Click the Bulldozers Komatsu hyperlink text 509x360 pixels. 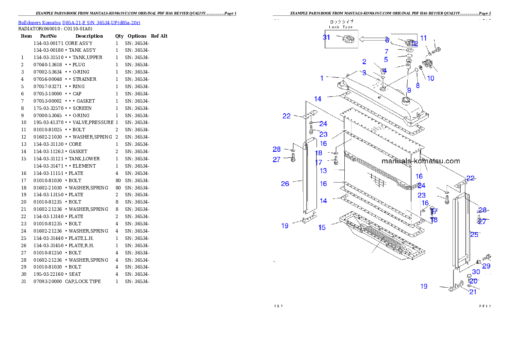(79, 22)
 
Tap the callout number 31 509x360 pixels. (326, 37)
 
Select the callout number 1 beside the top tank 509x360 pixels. (322, 78)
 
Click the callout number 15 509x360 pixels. (322, 227)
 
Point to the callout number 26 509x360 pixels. (285, 184)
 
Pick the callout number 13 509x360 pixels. (323, 171)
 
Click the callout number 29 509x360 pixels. (486, 266)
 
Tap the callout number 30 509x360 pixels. (476, 272)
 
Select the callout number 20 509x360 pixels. (473, 281)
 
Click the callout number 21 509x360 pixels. (473, 292)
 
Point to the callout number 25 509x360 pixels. (474, 234)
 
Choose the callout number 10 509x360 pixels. (430, 78)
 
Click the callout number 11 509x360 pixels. (423, 38)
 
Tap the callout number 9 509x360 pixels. (409, 90)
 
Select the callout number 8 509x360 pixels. (417, 86)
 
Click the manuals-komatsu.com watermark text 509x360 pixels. (420, 161)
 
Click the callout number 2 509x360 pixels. (364, 62)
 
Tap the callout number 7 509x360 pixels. (386, 51)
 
